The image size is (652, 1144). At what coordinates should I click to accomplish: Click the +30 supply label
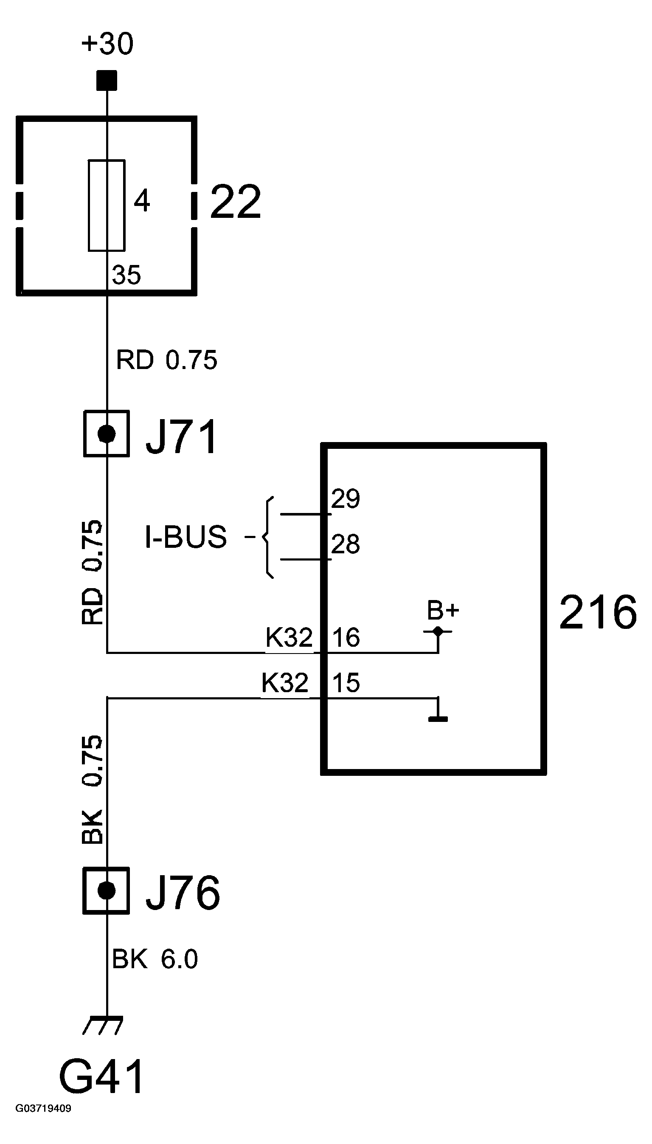coord(107,44)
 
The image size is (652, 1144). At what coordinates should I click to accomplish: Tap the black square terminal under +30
coord(107,81)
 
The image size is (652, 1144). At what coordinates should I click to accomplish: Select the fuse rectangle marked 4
coord(107,205)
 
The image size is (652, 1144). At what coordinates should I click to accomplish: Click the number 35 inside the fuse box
coord(126,275)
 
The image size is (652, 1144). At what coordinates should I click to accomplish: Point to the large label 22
coord(236,202)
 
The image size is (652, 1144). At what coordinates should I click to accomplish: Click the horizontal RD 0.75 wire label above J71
coord(166,360)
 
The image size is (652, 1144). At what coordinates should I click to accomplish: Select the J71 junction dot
coord(107,434)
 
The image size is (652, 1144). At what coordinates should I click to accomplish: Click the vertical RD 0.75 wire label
coord(93,572)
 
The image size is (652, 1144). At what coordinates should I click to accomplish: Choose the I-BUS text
coord(186,537)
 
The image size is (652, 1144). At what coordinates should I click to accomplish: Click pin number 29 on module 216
coord(345,498)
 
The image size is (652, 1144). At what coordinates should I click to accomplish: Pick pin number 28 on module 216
coord(345,544)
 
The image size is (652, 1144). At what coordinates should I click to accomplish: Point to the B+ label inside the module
coord(443,610)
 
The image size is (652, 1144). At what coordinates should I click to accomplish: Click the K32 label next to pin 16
coord(289,637)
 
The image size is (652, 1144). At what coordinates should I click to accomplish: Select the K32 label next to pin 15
coord(285,683)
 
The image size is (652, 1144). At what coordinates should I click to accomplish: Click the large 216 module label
coord(598,612)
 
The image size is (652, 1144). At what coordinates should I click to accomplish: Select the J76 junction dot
coord(107,890)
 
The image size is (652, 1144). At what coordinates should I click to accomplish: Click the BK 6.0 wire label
coord(155,959)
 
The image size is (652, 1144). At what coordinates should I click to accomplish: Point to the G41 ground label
coord(102,1076)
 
